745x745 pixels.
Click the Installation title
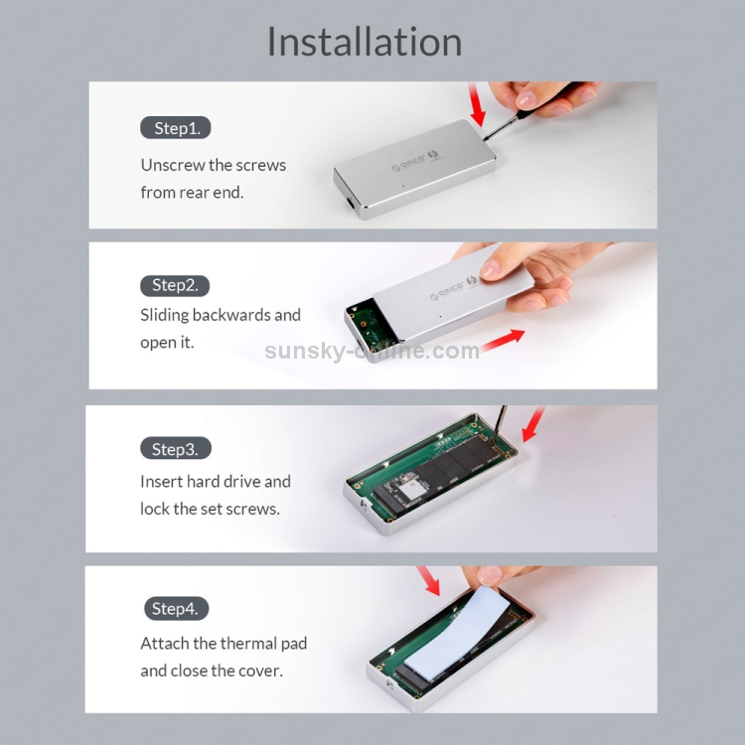[365, 42]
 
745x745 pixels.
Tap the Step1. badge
[175, 128]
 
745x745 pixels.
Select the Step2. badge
[175, 285]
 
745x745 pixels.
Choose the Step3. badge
[175, 448]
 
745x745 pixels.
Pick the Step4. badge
[176, 608]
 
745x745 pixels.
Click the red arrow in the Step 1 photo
[477, 104]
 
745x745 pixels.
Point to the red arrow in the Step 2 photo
[503, 340]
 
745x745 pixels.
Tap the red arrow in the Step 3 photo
[533, 424]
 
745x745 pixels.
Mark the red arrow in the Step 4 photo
[428, 581]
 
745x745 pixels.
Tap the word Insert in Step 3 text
[161, 482]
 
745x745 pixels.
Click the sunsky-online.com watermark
[372, 351]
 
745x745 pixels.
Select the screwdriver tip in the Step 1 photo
[486, 138]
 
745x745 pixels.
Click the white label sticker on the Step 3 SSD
[412, 490]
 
